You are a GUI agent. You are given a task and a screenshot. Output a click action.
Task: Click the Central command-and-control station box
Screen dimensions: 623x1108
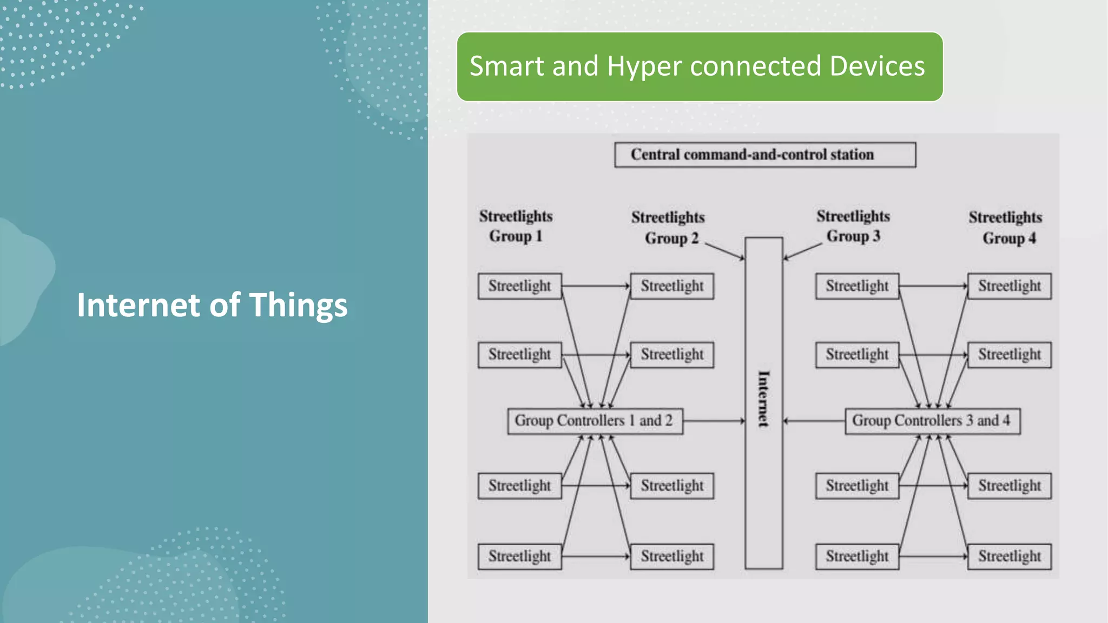click(x=764, y=155)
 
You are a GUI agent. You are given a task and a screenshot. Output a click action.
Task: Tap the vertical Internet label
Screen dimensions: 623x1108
click(x=763, y=399)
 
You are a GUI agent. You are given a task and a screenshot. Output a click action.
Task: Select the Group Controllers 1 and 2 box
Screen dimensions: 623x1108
click(x=595, y=421)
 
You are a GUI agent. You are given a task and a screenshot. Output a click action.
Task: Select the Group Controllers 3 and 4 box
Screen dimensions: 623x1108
click(x=932, y=421)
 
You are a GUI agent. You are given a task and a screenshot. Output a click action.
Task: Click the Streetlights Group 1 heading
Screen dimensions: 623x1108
click(x=516, y=226)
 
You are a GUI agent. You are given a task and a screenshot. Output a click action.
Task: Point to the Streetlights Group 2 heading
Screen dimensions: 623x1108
click(x=668, y=227)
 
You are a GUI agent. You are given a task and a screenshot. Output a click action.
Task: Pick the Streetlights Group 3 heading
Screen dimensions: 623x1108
click(x=853, y=226)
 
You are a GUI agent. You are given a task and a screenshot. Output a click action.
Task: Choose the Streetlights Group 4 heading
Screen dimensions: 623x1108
click(x=1005, y=227)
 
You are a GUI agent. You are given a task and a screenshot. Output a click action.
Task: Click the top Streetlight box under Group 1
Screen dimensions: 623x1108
click(x=519, y=286)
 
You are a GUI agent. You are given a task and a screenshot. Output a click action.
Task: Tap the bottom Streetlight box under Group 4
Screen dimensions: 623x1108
click(x=1009, y=556)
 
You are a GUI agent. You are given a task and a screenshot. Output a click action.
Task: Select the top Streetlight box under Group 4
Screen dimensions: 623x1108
click(x=1009, y=286)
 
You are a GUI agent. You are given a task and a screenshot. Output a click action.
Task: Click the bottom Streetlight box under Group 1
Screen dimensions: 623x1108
click(x=519, y=556)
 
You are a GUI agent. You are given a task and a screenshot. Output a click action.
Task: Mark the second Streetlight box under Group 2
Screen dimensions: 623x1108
click(x=672, y=355)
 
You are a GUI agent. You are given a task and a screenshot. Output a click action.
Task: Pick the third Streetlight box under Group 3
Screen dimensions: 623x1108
click(x=857, y=486)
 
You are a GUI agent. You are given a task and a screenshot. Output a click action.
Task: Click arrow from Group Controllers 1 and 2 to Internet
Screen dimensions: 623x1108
click(x=714, y=421)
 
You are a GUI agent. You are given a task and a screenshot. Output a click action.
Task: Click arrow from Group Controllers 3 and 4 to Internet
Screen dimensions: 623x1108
click(x=814, y=421)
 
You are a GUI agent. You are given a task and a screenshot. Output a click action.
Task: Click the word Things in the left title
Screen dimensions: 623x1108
click(x=298, y=306)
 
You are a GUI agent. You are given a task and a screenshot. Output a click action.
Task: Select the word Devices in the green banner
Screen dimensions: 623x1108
click(x=877, y=67)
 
